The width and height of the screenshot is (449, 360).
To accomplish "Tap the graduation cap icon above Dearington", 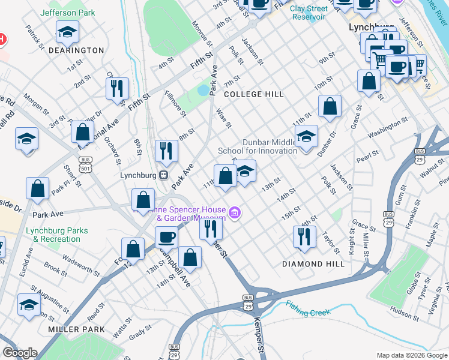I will pos(67,32).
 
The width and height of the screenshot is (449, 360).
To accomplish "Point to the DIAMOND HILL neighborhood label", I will pos(313,264).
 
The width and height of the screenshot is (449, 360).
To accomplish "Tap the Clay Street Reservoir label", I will pos(309,13).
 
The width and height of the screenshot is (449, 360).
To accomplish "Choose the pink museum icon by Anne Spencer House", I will pos(235,212).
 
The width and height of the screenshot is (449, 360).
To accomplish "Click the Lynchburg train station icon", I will pos(163,175).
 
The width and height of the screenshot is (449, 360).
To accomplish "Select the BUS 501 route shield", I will pos(85,163).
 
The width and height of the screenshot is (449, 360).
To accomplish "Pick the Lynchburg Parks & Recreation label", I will pos(56,235).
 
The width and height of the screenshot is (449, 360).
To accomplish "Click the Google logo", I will pos(20,353).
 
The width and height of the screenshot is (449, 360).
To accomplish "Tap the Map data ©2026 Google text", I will pos(411,355).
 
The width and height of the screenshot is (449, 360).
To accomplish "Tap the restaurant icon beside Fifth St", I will pos(116,87).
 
